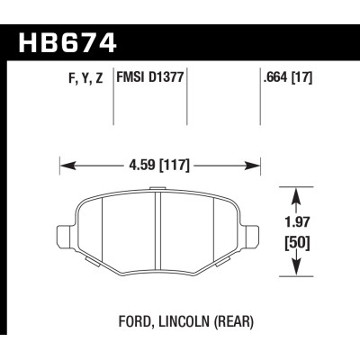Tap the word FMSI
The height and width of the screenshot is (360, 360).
click(x=132, y=80)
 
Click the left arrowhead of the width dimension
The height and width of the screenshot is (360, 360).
click(x=64, y=165)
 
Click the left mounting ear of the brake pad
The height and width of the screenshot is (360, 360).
click(x=65, y=237)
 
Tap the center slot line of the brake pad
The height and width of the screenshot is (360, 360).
click(x=159, y=230)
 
